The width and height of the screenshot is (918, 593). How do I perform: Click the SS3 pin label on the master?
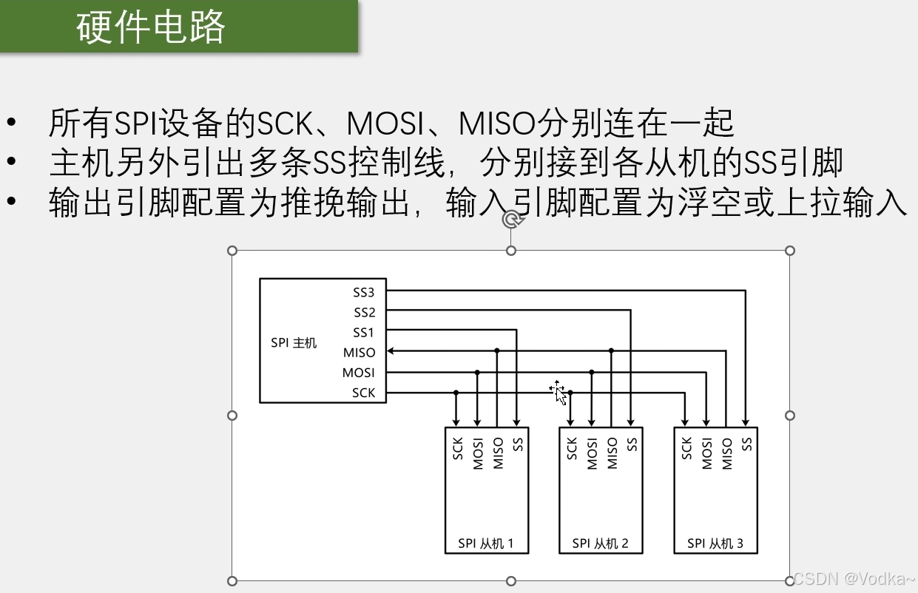pos(364,292)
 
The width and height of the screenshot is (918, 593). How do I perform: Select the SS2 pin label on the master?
pos(364,312)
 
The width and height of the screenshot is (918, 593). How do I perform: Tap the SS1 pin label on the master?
pos(364,332)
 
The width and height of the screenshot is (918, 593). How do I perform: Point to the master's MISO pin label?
pos(360,353)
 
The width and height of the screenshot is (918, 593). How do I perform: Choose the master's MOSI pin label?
pos(359,373)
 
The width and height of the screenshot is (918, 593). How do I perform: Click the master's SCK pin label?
pos(363,393)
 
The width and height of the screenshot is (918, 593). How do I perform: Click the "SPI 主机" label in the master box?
pos(294,343)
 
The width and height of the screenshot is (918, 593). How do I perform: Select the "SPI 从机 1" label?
pos(485,543)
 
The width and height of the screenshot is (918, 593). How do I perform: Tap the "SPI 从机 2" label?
pos(600,543)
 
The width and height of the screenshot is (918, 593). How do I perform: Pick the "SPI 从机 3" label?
pos(715,543)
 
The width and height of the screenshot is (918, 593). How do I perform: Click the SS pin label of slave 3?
pos(747,444)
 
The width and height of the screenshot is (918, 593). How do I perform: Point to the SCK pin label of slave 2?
pos(572,449)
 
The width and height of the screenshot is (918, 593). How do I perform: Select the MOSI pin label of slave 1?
pos(478,453)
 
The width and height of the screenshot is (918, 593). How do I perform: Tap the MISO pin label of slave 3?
pos(727,453)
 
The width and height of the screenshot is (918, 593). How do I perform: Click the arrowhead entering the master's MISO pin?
pos(391,351)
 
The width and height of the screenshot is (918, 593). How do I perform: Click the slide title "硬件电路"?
pos(151,27)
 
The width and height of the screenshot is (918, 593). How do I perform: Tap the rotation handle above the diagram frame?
pos(510,220)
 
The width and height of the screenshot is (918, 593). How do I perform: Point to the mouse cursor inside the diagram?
pos(558,392)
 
